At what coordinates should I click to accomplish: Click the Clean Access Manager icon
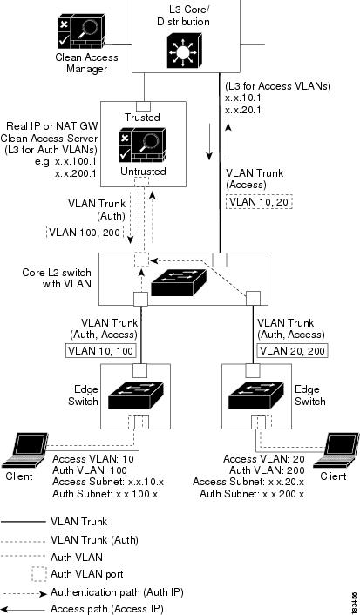click(82, 33)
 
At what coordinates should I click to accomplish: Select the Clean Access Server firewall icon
click(142, 145)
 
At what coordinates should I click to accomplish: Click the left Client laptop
click(24, 450)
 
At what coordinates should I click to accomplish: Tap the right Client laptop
click(336, 450)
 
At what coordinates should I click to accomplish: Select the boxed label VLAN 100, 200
click(85, 233)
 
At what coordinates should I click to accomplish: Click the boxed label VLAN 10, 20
click(260, 202)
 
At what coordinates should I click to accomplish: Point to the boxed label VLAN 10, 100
click(101, 350)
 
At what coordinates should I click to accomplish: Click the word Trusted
click(142, 118)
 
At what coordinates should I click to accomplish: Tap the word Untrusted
click(143, 172)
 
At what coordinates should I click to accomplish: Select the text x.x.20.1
click(243, 111)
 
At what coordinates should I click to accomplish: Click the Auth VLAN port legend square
click(38, 574)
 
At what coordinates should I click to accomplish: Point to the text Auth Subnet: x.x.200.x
click(252, 494)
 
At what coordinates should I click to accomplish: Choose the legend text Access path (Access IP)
click(107, 609)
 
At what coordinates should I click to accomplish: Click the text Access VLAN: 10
click(93, 459)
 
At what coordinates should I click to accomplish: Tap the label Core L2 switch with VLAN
click(57, 278)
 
